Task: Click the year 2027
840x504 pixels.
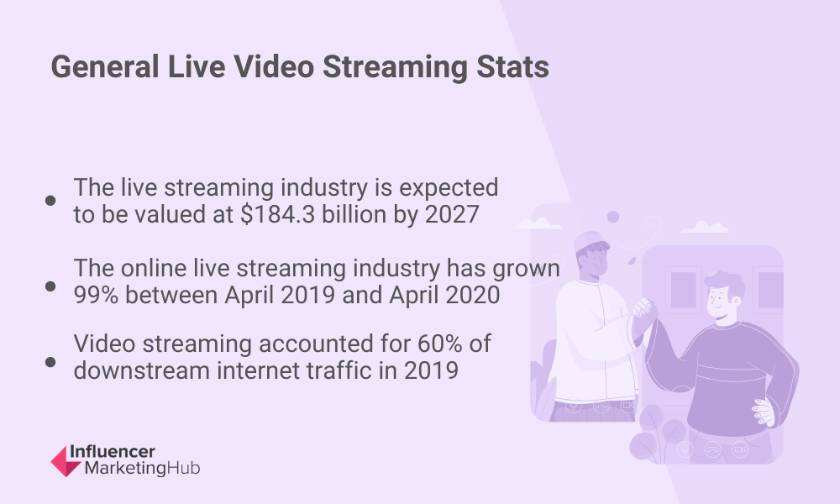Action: point(452,214)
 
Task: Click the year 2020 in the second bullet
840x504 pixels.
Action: point(473,295)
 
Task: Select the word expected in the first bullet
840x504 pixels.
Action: point(449,188)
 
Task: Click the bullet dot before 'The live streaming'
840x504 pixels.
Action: point(50,200)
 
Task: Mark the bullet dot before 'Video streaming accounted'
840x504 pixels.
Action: point(50,362)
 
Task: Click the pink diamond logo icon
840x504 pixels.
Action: point(66,461)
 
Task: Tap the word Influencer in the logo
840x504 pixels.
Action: point(113,452)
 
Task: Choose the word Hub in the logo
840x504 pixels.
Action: point(183,468)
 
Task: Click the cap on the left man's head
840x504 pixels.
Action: point(590,242)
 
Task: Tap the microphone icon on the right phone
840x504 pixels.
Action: point(685,449)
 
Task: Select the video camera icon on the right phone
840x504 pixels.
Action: point(740,449)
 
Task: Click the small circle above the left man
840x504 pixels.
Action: point(613,217)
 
